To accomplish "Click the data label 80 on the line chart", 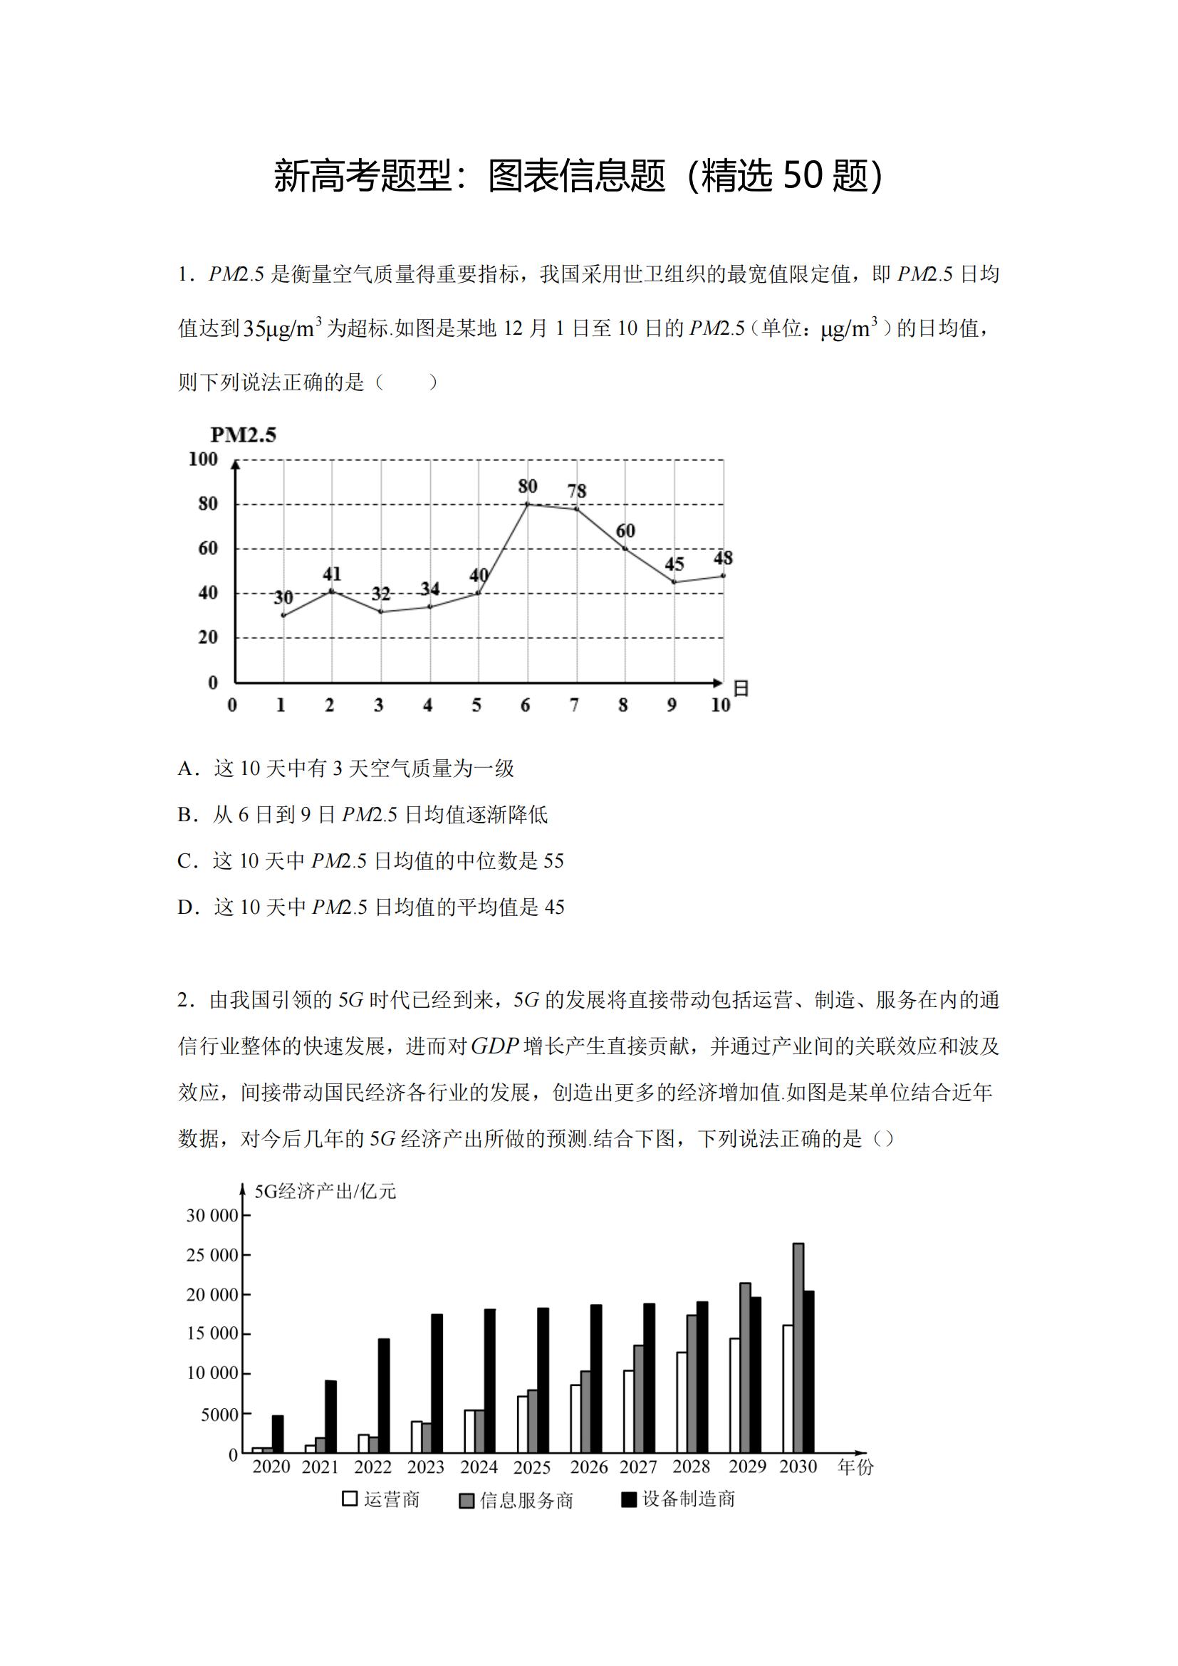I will pos(527,486).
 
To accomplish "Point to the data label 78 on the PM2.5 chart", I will pos(577,491).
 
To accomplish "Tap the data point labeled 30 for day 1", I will pos(283,615).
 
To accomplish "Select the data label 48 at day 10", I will pos(723,557).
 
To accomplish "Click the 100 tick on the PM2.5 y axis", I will pos(203,459).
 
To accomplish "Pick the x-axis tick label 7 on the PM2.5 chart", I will pos(575,704).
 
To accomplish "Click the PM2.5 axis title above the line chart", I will pos(243,434).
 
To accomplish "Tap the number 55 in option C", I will pos(553,861).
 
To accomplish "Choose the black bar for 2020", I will pos(278,1434).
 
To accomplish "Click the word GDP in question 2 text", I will pos(496,1046).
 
